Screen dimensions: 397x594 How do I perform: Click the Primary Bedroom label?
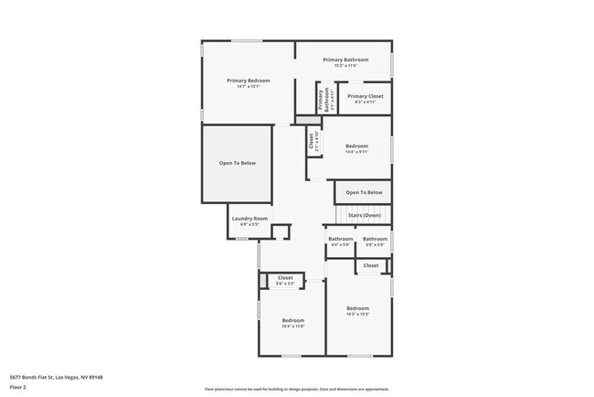[249, 80]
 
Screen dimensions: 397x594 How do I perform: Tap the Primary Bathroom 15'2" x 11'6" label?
[345, 60]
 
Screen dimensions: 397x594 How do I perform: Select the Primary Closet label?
[365, 96]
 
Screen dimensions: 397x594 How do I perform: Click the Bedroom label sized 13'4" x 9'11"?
[356, 146]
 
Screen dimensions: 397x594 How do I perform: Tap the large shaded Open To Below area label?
[237, 163]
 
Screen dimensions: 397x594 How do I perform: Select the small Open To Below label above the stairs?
[363, 192]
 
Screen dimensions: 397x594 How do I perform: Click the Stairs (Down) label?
[364, 215]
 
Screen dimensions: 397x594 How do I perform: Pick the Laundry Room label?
[249, 218]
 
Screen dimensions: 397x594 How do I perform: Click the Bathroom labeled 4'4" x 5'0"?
[340, 240]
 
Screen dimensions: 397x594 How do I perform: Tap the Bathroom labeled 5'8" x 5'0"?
[376, 240]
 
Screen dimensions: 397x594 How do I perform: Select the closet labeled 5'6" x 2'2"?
[285, 277]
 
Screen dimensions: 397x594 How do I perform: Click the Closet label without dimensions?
[370, 265]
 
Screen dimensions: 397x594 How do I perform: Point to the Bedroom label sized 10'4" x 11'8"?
[292, 320]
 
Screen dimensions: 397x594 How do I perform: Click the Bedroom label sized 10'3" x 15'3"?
[357, 308]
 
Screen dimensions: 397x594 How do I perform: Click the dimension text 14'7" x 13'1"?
[249, 87]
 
